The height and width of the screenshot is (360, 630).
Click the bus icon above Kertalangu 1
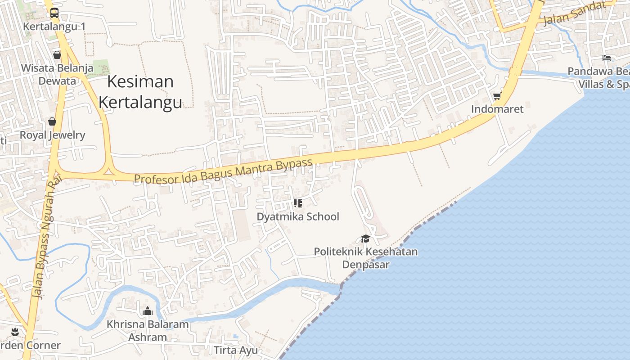point(54,13)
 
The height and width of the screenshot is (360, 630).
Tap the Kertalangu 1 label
point(54,27)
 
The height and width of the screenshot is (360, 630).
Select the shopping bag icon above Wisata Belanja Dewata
point(57,55)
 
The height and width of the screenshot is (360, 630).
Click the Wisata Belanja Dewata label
point(57,75)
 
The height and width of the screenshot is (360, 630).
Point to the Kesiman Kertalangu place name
point(140,92)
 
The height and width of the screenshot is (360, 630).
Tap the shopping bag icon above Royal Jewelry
point(52,121)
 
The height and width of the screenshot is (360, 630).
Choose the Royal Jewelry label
point(52,135)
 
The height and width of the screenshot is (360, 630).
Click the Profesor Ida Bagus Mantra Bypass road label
point(223,171)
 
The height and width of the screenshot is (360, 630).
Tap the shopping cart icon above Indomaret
point(497,95)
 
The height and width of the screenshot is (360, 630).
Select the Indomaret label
point(497,109)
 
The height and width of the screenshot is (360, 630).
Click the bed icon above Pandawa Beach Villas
point(607,58)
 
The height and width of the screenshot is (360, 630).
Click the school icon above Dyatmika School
point(297,203)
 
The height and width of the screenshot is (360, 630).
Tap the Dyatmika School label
point(297,216)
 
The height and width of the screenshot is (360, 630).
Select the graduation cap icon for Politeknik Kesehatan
point(365,238)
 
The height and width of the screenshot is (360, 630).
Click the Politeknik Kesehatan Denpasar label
point(365,257)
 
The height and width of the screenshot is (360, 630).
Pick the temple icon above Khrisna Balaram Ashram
point(148,310)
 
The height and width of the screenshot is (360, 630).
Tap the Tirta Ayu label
point(236,350)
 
